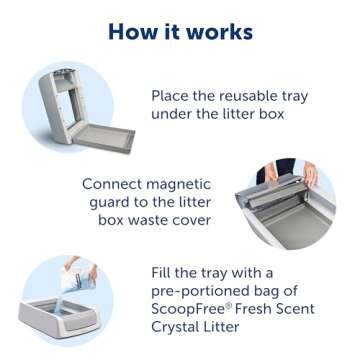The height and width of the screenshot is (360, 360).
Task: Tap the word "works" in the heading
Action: point(217,31)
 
